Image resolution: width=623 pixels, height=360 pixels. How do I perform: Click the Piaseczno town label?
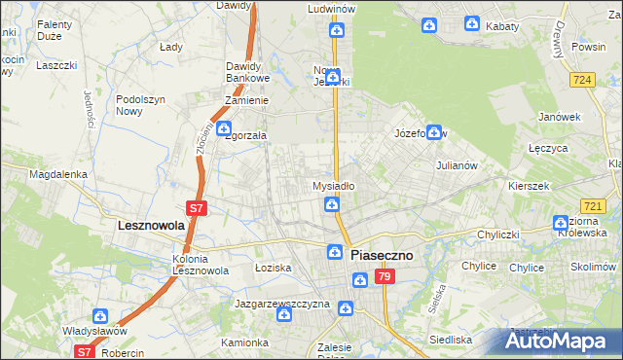382,255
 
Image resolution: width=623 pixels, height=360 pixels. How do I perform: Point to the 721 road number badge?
593,206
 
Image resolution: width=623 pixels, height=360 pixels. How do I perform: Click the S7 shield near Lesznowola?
196,207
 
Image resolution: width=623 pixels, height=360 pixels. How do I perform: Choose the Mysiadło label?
333,185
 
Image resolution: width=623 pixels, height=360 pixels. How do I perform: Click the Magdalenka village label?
58,174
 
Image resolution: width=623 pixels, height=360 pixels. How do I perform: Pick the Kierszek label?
529,185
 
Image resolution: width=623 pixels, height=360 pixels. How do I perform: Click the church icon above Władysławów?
100,315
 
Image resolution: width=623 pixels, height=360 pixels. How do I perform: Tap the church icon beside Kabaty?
471,23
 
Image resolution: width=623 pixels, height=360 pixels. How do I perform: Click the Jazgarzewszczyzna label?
282,304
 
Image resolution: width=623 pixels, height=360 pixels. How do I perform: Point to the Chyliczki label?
501,234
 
